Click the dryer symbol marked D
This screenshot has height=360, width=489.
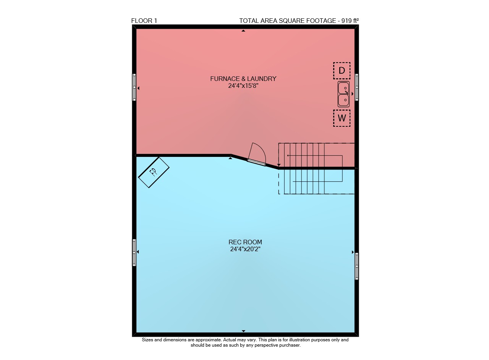(342, 71)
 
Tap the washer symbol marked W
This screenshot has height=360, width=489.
(342, 118)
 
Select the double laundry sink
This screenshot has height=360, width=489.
(343, 94)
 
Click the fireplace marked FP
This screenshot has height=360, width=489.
(154, 172)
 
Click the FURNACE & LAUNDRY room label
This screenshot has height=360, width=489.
(243, 79)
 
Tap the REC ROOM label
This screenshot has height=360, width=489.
(245, 242)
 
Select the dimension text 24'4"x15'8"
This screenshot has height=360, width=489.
(243, 86)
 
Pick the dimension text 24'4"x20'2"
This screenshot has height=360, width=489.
(245, 249)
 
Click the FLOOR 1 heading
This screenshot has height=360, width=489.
(144, 21)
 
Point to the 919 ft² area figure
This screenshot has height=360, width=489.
(350, 21)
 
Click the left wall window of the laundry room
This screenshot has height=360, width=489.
(134, 87)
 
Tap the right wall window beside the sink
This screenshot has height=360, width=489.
(357, 87)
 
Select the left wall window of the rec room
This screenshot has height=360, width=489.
(134, 252)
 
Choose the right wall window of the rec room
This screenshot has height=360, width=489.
(357, 266)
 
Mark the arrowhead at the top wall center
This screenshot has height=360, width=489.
(243, 31)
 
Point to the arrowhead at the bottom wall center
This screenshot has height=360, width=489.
(243, 331)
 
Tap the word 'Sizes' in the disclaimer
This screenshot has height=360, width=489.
(147, 340)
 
